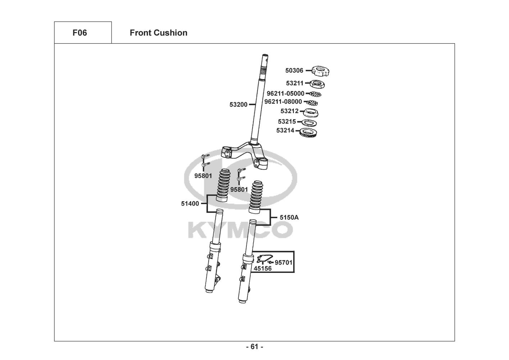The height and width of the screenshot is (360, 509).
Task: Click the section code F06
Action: [79, 33]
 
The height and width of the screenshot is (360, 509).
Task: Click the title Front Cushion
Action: [158, 33]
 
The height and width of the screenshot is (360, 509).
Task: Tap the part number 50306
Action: [294, 71]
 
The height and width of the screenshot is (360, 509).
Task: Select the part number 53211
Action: [295, 83]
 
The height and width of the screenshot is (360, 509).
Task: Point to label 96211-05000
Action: [285, 94]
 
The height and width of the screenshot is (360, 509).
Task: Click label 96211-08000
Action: [283, 102]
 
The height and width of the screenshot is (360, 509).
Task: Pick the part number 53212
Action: [290, 111]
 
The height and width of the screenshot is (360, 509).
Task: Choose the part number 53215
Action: [287, 122]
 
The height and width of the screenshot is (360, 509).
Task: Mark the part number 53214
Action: [285, 130]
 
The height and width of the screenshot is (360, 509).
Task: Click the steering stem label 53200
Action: [238, 105]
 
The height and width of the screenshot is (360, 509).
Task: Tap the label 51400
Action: [190, 204]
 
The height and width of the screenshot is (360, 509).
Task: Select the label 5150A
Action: [289, 217]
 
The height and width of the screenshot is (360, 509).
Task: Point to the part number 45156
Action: [263, 269]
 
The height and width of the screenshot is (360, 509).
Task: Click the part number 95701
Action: [283, 262]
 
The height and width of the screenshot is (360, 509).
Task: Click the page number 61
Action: [254, 347]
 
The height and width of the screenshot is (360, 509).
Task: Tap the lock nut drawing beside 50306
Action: [321, 71]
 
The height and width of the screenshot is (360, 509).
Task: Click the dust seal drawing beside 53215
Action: [309, 122]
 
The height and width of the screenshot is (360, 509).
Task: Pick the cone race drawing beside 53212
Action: [311, 112]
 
